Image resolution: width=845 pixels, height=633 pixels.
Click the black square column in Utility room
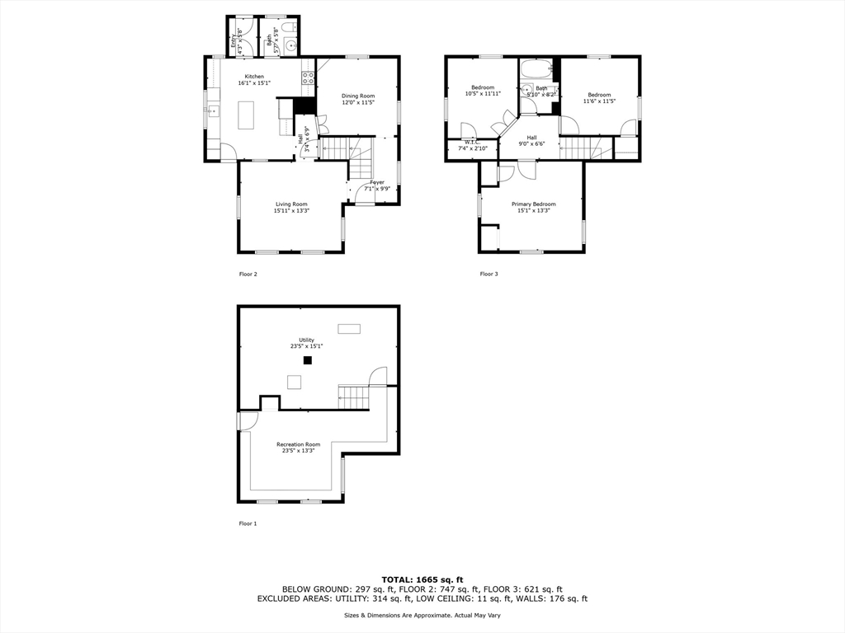[x=308, y=360]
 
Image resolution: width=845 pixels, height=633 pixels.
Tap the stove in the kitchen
[x=308, y=79]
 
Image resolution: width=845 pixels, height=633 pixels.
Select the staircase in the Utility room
[x=353, y=398]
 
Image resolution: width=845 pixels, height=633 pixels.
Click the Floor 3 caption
[x=489, y=274]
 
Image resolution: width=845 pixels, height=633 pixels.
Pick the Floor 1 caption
[x=248, y=523]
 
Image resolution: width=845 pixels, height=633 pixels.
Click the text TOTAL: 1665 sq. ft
[x=422, y=579]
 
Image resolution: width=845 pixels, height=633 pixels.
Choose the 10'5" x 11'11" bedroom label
[x=483, y=91]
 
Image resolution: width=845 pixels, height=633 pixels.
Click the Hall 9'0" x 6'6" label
[x=531, y=141]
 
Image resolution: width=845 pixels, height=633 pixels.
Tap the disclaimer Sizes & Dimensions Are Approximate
[x=422, y=615]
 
